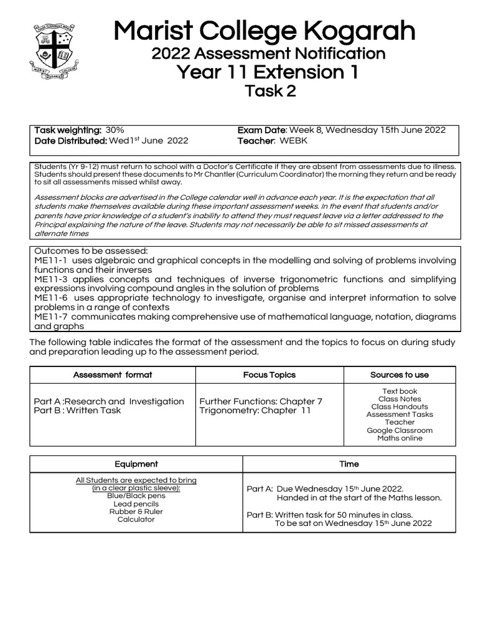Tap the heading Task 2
270,92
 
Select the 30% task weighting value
115,130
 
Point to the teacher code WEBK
293,141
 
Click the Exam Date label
261,130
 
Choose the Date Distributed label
70,141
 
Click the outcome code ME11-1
51,260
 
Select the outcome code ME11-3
51,279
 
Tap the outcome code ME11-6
51,298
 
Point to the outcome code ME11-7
51,317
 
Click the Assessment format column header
113,375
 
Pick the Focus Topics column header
269,375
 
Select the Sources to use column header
399,375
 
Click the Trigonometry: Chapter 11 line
255,411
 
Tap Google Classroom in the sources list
399,431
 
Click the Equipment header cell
136,464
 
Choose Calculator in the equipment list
136,520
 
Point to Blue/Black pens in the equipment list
136,496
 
